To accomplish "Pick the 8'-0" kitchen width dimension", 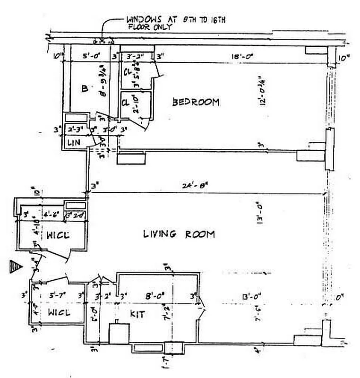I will pyautogui.click(x=155, y=297).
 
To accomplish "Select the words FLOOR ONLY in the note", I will pyautogui.click(x=150, y=27).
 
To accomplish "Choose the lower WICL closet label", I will pyautogui.click(x=59, y=312).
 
